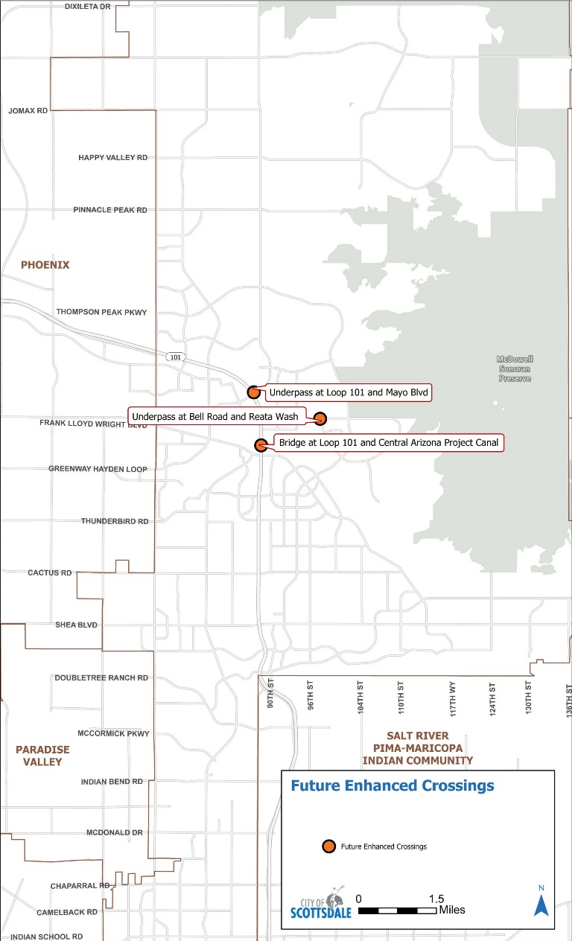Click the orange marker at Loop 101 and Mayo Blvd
[x=253, y=392]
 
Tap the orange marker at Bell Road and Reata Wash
[x=320, y=418]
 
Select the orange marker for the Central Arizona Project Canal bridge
[x=261, y=445]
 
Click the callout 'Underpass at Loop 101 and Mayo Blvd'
[x=349, y=392]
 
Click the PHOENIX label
[x=45, y=264]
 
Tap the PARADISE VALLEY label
[x=42, y=756]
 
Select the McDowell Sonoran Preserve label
[x=515, y=369]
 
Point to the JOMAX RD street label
[x=28, y=110]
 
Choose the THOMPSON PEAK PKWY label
[x=102, y=312]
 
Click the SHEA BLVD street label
[x=77, y=625]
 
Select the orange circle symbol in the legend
[x=328, y=846]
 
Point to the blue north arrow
[x=541, y=902]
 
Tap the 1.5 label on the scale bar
[x=436, y=899]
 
